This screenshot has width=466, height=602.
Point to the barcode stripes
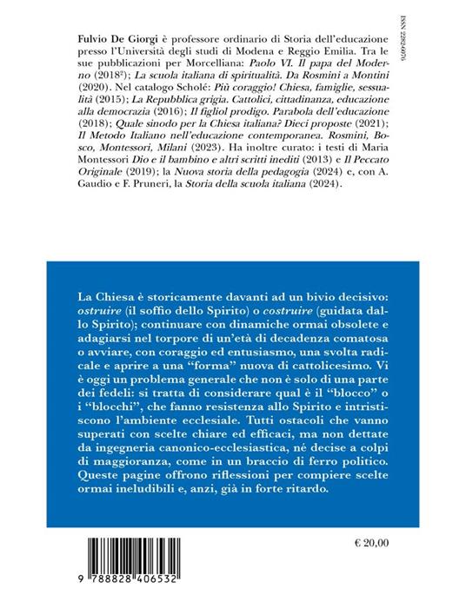tap(148, 555)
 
